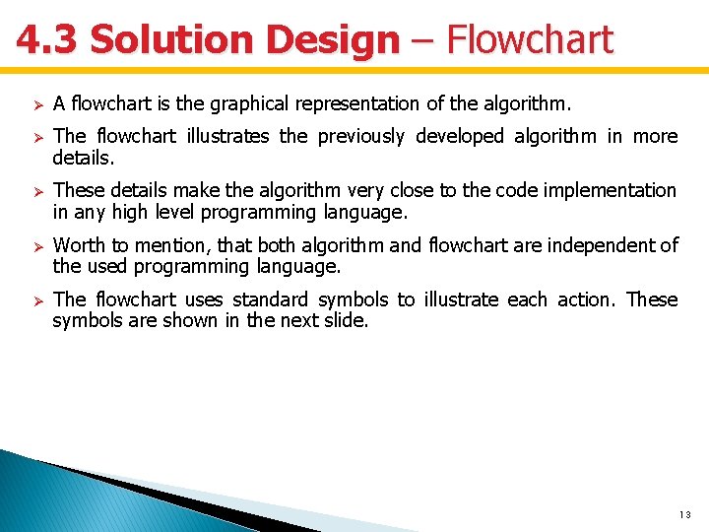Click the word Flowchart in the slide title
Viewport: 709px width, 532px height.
coord(529,40)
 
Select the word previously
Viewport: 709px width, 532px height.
coord(360,136)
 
